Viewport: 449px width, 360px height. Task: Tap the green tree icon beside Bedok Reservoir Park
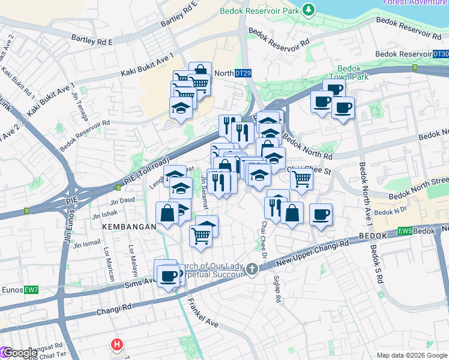tap(309, 10)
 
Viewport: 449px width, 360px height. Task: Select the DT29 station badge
tap(243, 73)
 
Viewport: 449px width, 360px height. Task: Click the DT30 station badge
tap(440, 54)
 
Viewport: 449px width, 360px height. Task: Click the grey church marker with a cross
tap(252, 269)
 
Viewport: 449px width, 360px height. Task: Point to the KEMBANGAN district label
tap(129, 227)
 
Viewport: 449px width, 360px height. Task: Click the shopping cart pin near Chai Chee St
tap(301, 178)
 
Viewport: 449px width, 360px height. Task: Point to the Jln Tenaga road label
tap(79, 106)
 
